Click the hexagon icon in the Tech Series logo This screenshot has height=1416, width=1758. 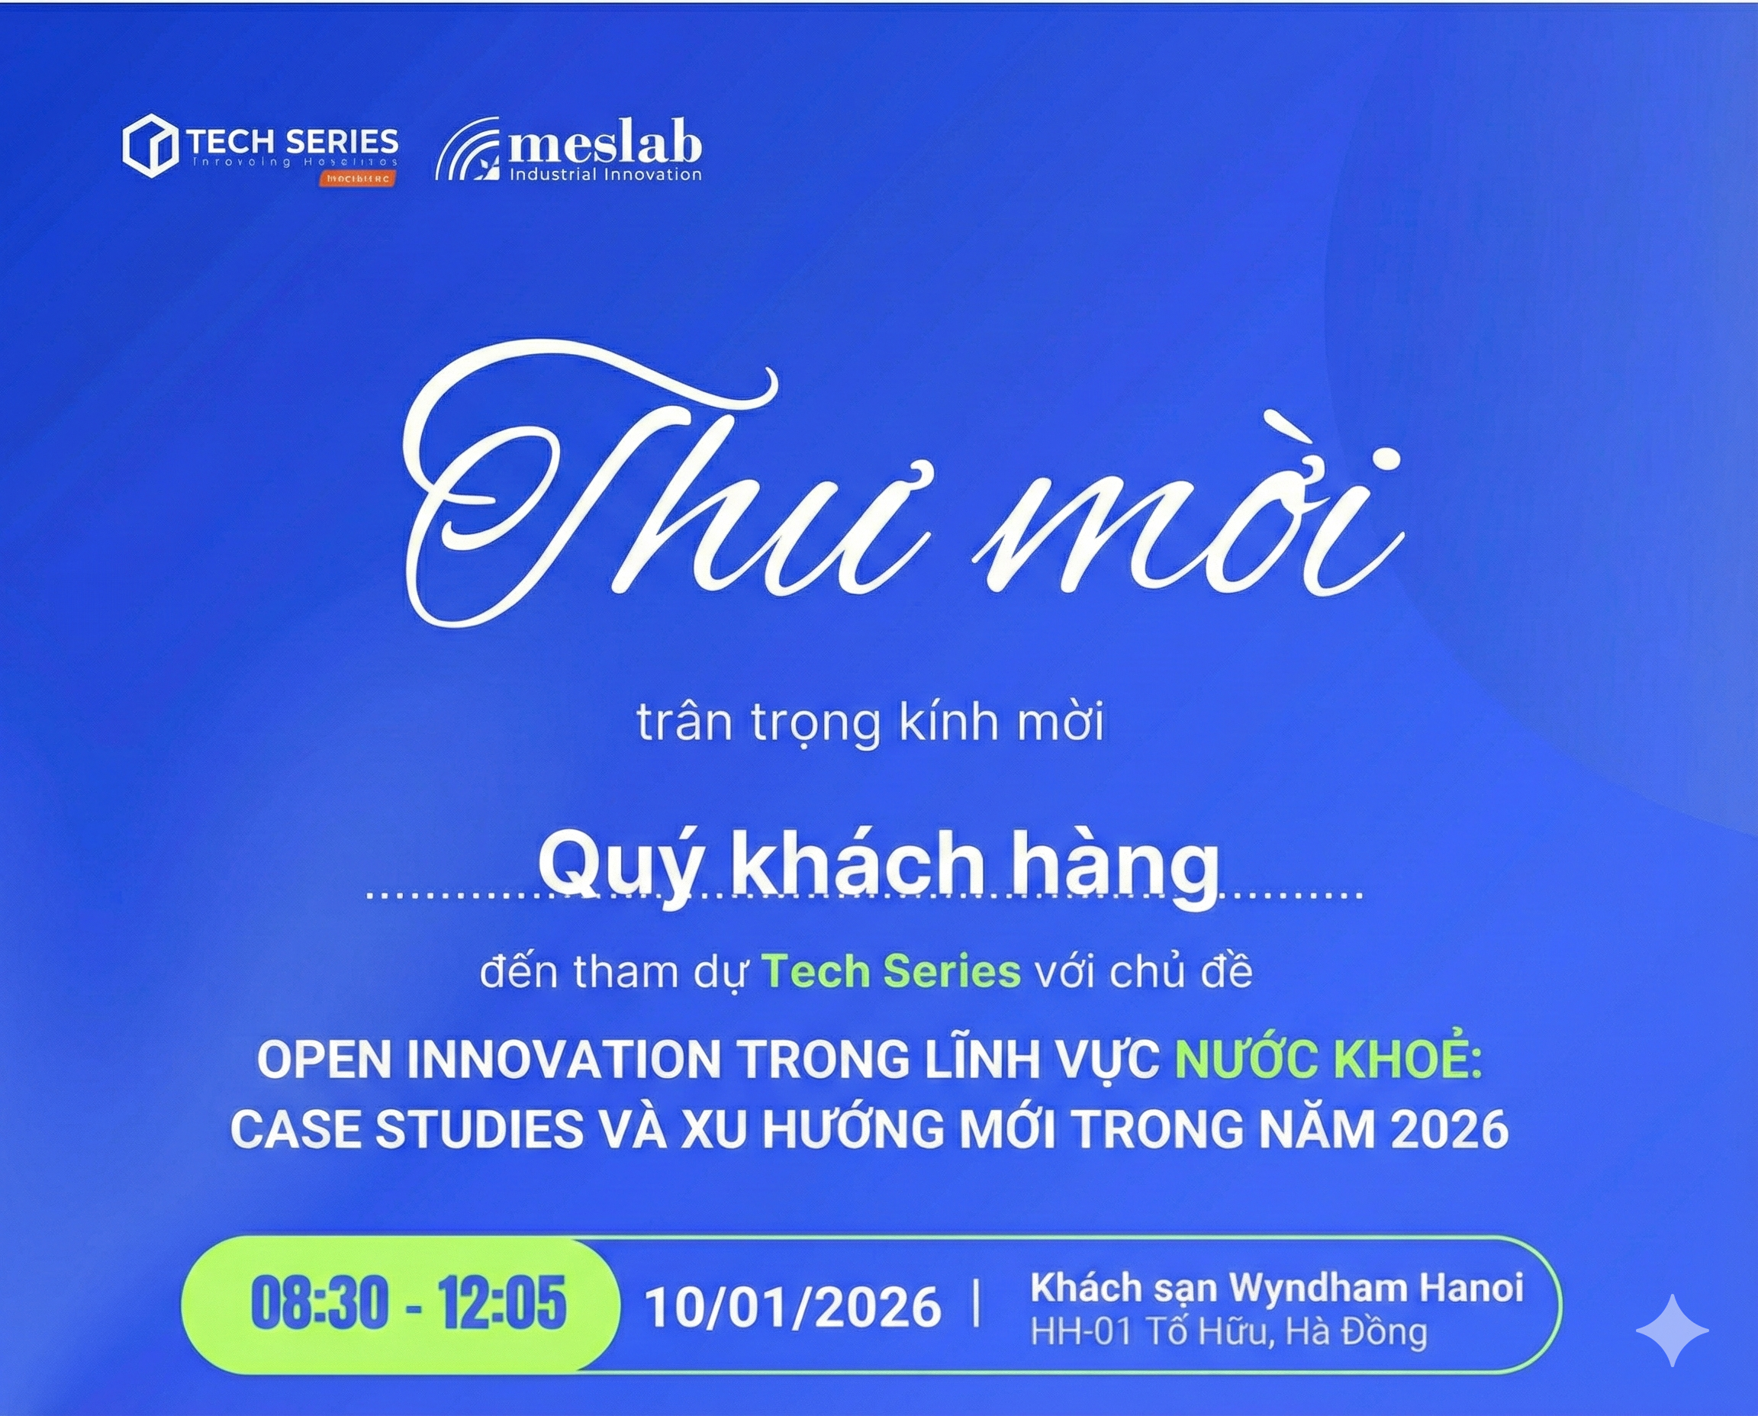coord(150,146)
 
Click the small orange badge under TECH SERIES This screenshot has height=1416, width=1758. coord(357,179)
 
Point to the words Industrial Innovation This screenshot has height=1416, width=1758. coord(604,175)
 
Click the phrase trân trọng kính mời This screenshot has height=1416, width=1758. coord(870,722)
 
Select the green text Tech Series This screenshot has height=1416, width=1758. coord(891,971)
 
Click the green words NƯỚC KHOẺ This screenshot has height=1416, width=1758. coord(1328,1059)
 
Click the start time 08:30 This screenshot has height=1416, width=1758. coord(320,1302)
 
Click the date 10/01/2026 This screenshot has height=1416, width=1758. coord(793,1307)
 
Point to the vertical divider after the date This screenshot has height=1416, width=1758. coord(977,1305)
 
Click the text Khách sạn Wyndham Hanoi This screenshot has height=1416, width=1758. coord(1277,1288)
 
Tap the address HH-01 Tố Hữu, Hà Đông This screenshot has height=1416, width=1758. coord(1228,1332)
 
